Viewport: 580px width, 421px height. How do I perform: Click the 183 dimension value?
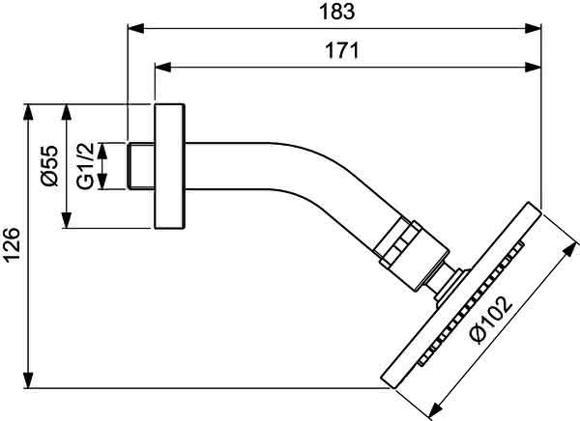click(x=337, y=12)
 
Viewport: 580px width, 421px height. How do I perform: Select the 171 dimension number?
click(x=342, y=50)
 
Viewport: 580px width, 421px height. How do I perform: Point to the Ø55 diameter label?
click(x=49, y=165)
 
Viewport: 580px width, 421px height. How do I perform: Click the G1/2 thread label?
click(x=85, y=166)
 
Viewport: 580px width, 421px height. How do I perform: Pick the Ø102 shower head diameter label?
click(x=491, y=320)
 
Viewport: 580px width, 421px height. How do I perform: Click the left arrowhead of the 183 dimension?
click(x=135, y=28)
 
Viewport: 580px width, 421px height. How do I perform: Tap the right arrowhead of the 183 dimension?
click(x=533, y=28)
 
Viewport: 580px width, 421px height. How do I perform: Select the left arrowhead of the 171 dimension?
click(x=162, y=68)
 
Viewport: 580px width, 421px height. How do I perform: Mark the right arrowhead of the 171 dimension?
click(x=533, y=68)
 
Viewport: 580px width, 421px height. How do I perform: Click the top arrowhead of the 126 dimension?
click(x=28, y=112)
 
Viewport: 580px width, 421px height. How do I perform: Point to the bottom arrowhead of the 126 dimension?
click(x=28, y=380)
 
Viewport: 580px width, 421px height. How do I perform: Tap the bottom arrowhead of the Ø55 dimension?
click(x=67, y=220)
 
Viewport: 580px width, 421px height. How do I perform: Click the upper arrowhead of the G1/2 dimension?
click(x=102, y=151)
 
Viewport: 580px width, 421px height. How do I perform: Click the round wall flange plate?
click(x=169, y=166)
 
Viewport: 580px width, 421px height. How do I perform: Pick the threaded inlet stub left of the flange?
click(x=141, y=166)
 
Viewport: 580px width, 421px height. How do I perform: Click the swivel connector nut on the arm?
click(x=411, y=254)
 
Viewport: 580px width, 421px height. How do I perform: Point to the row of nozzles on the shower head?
click(x=472, y=303)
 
